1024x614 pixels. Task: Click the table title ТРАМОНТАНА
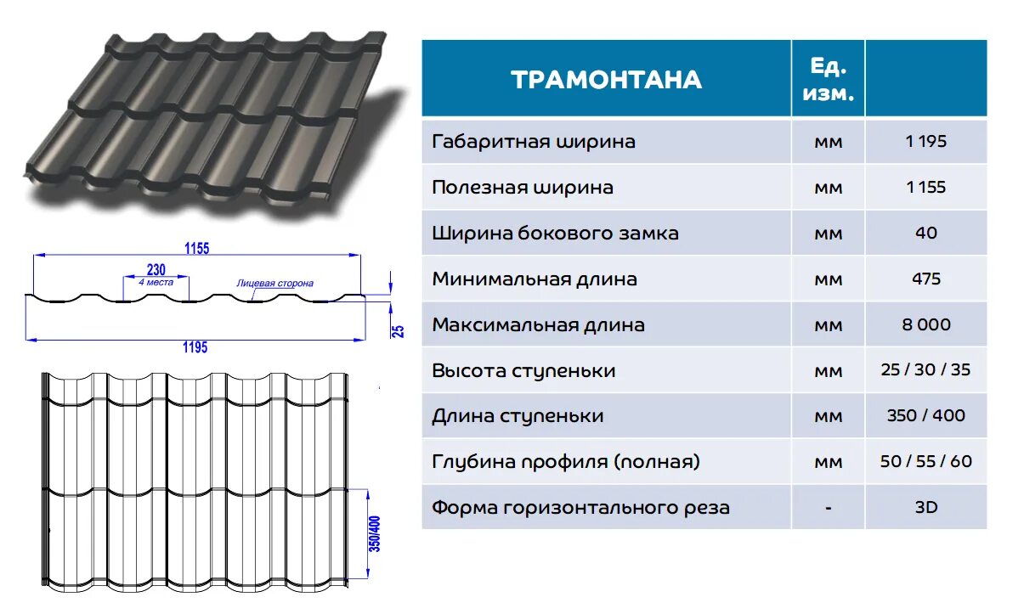coord(606,80)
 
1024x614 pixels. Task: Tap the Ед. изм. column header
coord(827,80)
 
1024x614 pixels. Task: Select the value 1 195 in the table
coord(925,142)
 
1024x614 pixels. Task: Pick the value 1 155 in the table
coord(925,188)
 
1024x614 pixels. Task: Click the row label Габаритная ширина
coord(533,142)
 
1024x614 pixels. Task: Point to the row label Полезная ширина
coord(522,188)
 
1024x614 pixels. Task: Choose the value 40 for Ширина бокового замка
coord(925,233)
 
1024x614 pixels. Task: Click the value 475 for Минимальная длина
coord(925,279)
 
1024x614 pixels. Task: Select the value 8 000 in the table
coord(925,324)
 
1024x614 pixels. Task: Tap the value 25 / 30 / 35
coord(925,370)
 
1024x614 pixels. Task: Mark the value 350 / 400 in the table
coord(925,416)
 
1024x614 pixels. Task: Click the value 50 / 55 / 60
coord(925,462)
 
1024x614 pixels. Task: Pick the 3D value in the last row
coord(925,508)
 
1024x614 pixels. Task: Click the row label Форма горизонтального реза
coord(580,508)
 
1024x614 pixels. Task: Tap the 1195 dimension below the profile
coord(195,346)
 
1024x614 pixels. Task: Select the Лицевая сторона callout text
coord(274,283)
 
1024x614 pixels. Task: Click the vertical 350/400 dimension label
coord(374,535)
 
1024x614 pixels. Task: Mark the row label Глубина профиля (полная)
coord(566,462)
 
